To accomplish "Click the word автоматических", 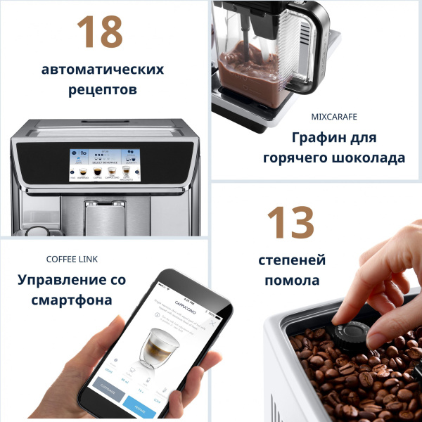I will pyautogui.click(x=103, y=70).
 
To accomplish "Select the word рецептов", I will pyautogui.click(x=103, y=90).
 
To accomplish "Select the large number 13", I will pyautogui.click(x=290, y=223).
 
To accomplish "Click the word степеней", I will pyautogui.click(x=293, y=260).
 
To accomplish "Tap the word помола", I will pyautogui.click(x=292, y=280).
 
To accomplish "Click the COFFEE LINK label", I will pyautogui.click(x=72, y=260).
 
